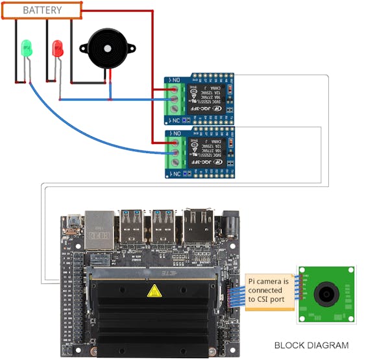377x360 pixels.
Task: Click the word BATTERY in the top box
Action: point(42,10)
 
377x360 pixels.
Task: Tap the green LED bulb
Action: point(27,47)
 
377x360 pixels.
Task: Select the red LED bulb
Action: point(57,47)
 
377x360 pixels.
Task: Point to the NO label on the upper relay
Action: point(176,80)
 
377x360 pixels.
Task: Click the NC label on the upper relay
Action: point(176,121)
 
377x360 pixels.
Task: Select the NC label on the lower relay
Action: point(176,173)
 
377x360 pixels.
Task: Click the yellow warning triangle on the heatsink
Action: point(154,291)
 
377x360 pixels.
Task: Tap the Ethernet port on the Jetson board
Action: point(98,230)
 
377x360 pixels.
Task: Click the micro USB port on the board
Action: point(73,221)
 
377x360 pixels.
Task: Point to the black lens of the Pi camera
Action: point(325,295)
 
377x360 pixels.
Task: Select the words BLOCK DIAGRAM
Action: point(311,345)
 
